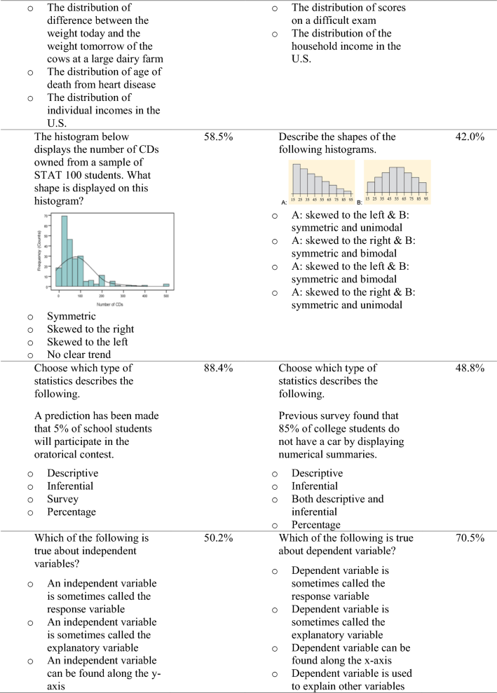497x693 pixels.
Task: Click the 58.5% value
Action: pos(218,137)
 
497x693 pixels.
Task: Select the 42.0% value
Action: pos(470,137)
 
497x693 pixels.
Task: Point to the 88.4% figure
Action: pos(218,368)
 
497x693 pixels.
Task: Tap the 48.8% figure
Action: pos(470,368)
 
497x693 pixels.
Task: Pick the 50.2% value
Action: pos(218,537)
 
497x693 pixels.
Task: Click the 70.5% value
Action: pos(470,537)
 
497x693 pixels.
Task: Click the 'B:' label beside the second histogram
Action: pos(360,202)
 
